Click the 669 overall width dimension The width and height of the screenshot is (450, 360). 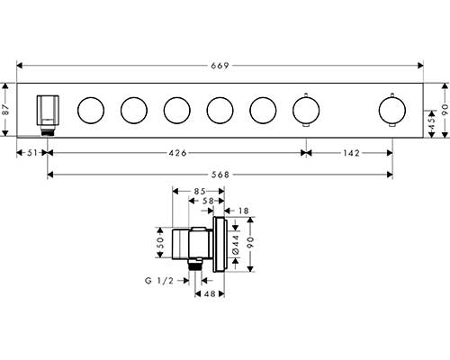tap(220, 66)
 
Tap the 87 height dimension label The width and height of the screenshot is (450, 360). tap(6, 110)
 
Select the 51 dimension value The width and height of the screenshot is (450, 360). tap(32, 153)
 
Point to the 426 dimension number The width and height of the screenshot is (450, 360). tap(177, 153)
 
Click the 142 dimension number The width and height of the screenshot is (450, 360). tap(351, 153)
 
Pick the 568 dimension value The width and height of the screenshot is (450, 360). tap(220, 175)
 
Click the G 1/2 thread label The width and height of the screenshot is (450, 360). tap(159, 281)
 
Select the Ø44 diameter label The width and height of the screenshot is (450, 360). tap(236, 245)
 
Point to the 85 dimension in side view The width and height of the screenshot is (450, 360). tap(200, 191)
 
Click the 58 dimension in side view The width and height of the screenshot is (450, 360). tap(208, 201)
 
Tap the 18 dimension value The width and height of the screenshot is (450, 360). tap(244, 211)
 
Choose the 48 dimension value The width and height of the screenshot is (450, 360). tap(210, 294)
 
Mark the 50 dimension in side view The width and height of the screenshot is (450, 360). tap(160, 242)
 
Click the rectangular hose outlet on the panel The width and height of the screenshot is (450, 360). tap(48, 110)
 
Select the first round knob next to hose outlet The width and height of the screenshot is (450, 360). tap(91, 110)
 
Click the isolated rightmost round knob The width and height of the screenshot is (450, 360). tap(392, 110)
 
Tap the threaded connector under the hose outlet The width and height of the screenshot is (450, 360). tap(48, 130)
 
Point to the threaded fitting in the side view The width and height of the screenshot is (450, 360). tap(195, 265)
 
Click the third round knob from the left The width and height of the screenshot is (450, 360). tap(177, 110)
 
